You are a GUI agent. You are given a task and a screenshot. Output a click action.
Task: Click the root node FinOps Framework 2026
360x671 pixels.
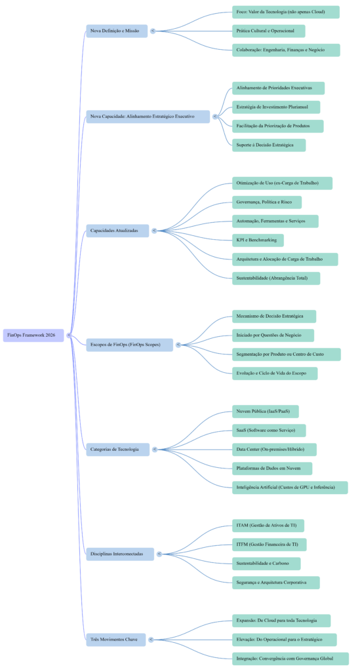pyautogui.click(x=33, y=335)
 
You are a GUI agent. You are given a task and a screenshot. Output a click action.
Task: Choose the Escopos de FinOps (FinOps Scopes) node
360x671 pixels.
pyautogui.click(x=129, y=345)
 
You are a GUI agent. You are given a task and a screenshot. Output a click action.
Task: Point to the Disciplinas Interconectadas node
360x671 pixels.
pyautogui.click(x=120, y=554)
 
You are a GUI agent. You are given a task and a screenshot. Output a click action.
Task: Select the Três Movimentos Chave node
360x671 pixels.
pyautogui.click(x=115, y=639)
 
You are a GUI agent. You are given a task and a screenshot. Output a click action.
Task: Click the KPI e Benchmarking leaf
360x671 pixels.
pyautogui.click(x=258, y=240)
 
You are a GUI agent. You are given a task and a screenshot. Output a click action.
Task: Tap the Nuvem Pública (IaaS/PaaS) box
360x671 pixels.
pyautogui.click(x=266, y=412)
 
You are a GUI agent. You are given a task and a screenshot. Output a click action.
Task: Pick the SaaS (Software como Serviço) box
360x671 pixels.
pyautogui.click(x=269, y=431)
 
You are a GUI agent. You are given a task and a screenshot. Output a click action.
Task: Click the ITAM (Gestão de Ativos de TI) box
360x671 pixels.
pyautogui.click(x=268, y=526)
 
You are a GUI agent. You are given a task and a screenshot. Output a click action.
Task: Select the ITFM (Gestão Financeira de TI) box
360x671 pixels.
pyautogui.click(x=269, y=545)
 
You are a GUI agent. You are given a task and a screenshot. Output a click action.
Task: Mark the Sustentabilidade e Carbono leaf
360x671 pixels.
pyautogui.click(x=266, y=564)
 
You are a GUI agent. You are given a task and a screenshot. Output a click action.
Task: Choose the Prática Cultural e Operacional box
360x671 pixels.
pyautogui.click(x=269, y=31)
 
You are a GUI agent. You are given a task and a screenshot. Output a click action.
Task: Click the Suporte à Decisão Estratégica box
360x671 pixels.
pyautogui.click(x=269, y=145)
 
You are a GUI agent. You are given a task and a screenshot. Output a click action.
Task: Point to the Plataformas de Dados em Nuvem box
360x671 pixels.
pyautogui.click(x=272, y=469)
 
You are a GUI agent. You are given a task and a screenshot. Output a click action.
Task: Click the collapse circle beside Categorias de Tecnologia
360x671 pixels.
pyautogui.click(x=155, y=450)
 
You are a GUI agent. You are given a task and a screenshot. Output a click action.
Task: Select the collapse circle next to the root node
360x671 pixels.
pyautogui.click(x=69, y=335)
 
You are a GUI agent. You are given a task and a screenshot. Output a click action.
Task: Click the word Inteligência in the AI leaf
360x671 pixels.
pyautogui.click(x=249, y=488)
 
